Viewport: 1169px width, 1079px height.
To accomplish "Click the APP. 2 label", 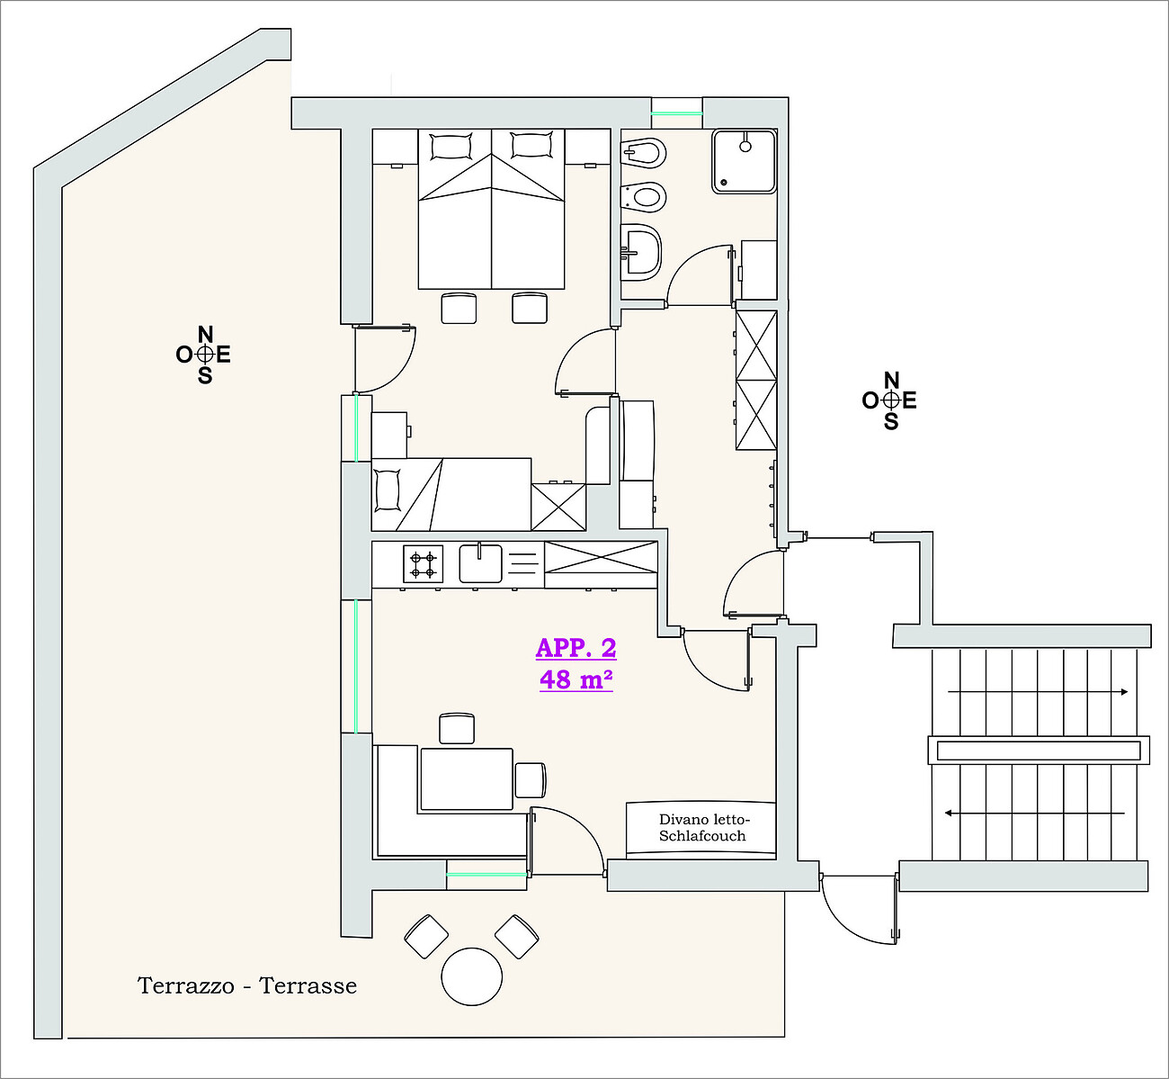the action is (x=576, y=648).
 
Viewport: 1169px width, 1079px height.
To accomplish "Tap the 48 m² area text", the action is (x=576, y=679).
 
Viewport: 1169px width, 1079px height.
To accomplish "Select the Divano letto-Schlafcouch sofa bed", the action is (x=701, y=827).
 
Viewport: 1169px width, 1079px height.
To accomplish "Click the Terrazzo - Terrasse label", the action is (x=247, y=986).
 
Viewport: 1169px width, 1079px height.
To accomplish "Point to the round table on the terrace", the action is (x=471, y=977).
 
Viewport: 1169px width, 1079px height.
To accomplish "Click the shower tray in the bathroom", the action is (x=744, y=161).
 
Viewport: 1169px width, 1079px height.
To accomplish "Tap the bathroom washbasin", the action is (x=641, y=253).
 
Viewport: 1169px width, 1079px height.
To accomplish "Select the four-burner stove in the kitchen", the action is (x=423, y=564).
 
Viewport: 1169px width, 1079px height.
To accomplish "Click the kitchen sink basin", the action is (x=480, y=563).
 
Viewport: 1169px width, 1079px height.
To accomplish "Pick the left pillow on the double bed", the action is (x=451, y=147).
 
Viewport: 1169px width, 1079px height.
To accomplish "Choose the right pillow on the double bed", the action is (x=531, y=146).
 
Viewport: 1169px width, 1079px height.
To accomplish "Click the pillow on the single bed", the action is (x=387, y=490).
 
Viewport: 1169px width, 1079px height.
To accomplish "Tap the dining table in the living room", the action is (x=466, y=779).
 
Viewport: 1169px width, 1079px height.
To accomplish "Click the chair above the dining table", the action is (x=457, y=728).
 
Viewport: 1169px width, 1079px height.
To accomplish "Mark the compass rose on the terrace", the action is (x=203, y=355).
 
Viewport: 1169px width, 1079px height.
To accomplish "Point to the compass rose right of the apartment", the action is (x=890, y=400).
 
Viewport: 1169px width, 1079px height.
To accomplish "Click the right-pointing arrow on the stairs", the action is (x=1038, y=692).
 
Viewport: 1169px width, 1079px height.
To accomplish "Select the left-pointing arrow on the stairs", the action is (x=1035, y=814).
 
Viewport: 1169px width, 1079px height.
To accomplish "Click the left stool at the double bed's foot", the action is (x=459, y=308).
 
